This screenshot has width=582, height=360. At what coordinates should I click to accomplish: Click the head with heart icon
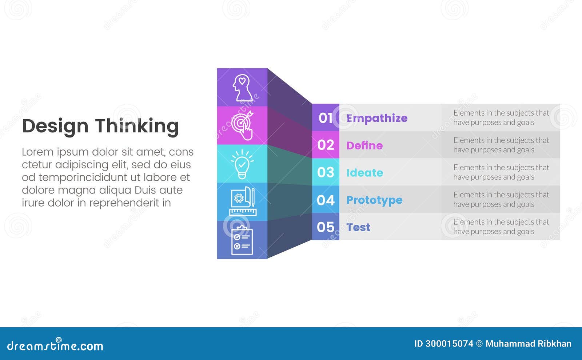pos(242,88)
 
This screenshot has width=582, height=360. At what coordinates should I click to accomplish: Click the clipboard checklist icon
pos(242,240)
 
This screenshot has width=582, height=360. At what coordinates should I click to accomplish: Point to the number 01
pos(325,118)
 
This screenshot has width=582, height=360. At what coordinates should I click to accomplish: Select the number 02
pos(326,145)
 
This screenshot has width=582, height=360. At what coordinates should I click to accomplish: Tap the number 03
pos(326,172)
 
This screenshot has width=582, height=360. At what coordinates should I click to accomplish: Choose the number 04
pos(326,200)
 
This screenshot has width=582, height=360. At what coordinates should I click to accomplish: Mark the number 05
pos(326,227)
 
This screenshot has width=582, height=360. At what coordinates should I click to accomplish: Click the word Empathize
pos(377,118)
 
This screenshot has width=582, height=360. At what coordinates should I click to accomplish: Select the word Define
pos(364,145)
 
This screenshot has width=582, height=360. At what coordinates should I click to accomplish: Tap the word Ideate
pos(364,173)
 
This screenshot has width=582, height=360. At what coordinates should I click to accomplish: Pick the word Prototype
pos(374,200)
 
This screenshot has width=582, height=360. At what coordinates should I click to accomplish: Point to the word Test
pos(358,227)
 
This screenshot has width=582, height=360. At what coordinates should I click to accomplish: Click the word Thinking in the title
pos(137,126)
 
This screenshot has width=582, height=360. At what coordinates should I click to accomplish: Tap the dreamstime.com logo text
pos(55,345)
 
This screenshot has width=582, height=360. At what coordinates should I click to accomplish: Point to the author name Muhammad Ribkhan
pos(528,344)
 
